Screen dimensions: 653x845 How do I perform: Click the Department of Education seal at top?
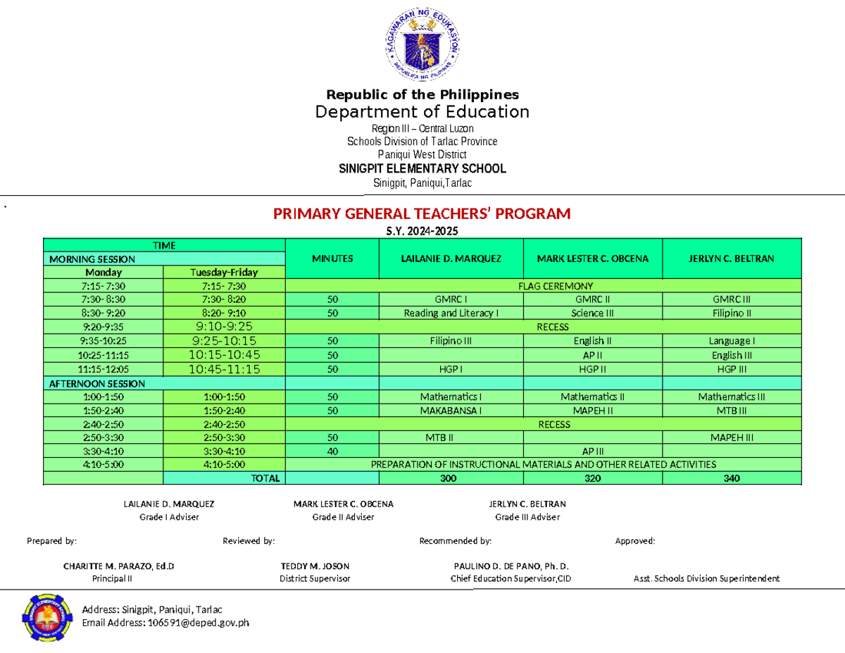click(423, 46)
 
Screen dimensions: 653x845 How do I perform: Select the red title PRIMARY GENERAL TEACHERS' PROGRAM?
click(422, 214)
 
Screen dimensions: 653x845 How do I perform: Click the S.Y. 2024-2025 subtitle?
click(422, 232)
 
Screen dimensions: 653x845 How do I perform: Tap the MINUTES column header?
click(332, 259)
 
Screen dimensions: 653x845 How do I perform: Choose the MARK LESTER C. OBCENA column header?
click(592, 259)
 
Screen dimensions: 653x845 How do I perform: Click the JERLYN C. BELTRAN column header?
click(732, 259)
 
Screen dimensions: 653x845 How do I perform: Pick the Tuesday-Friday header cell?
click(224, 273)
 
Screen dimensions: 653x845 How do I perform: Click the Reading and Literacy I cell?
click(451, 313)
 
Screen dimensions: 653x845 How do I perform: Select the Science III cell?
click(592, 313)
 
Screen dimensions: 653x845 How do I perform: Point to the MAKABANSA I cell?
click(451, 410)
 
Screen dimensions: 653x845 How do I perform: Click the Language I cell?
click(732, 341)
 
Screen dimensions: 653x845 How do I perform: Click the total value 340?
click(732, 478)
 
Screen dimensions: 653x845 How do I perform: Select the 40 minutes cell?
click(332, 451)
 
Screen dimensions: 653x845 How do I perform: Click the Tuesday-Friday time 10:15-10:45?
click(224, 354)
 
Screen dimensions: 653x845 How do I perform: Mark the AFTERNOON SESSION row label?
click(97, 384)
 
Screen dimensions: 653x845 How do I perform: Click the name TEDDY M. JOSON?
click(315, 566)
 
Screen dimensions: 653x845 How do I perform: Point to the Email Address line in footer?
click(165, 623)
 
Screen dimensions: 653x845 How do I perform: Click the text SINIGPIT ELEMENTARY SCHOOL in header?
click(422, 169)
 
